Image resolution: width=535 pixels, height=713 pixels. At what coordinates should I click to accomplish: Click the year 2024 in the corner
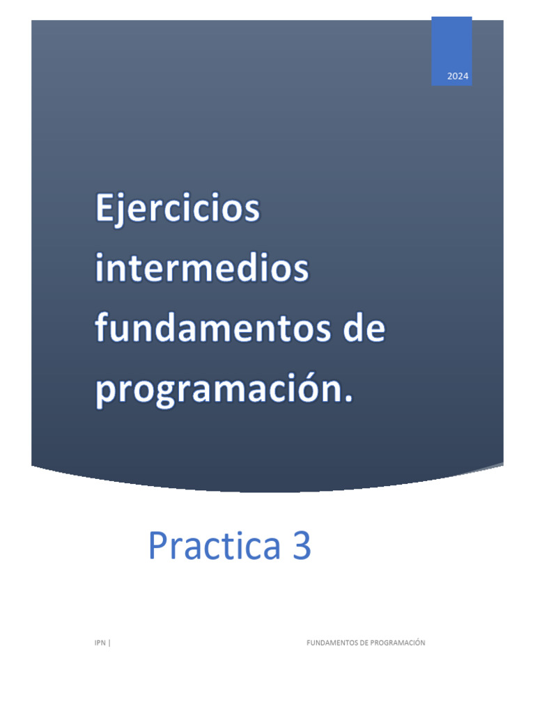[x=458, y=77]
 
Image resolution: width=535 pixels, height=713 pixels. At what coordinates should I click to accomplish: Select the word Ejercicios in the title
[x=177, y=210]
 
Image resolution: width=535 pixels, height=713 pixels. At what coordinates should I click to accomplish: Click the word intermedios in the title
[x=201, y=269]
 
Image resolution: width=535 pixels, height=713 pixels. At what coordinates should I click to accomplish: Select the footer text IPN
[x=100, y=643]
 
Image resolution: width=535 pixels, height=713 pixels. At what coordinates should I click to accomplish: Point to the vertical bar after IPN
[x=109, y=643]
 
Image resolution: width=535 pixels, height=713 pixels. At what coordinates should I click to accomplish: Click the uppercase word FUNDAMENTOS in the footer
[x=332, y=643]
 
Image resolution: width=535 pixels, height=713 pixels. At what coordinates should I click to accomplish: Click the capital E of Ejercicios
[x=104, y=209]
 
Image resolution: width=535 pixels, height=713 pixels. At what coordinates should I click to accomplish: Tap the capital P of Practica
[x=158, y=547]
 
